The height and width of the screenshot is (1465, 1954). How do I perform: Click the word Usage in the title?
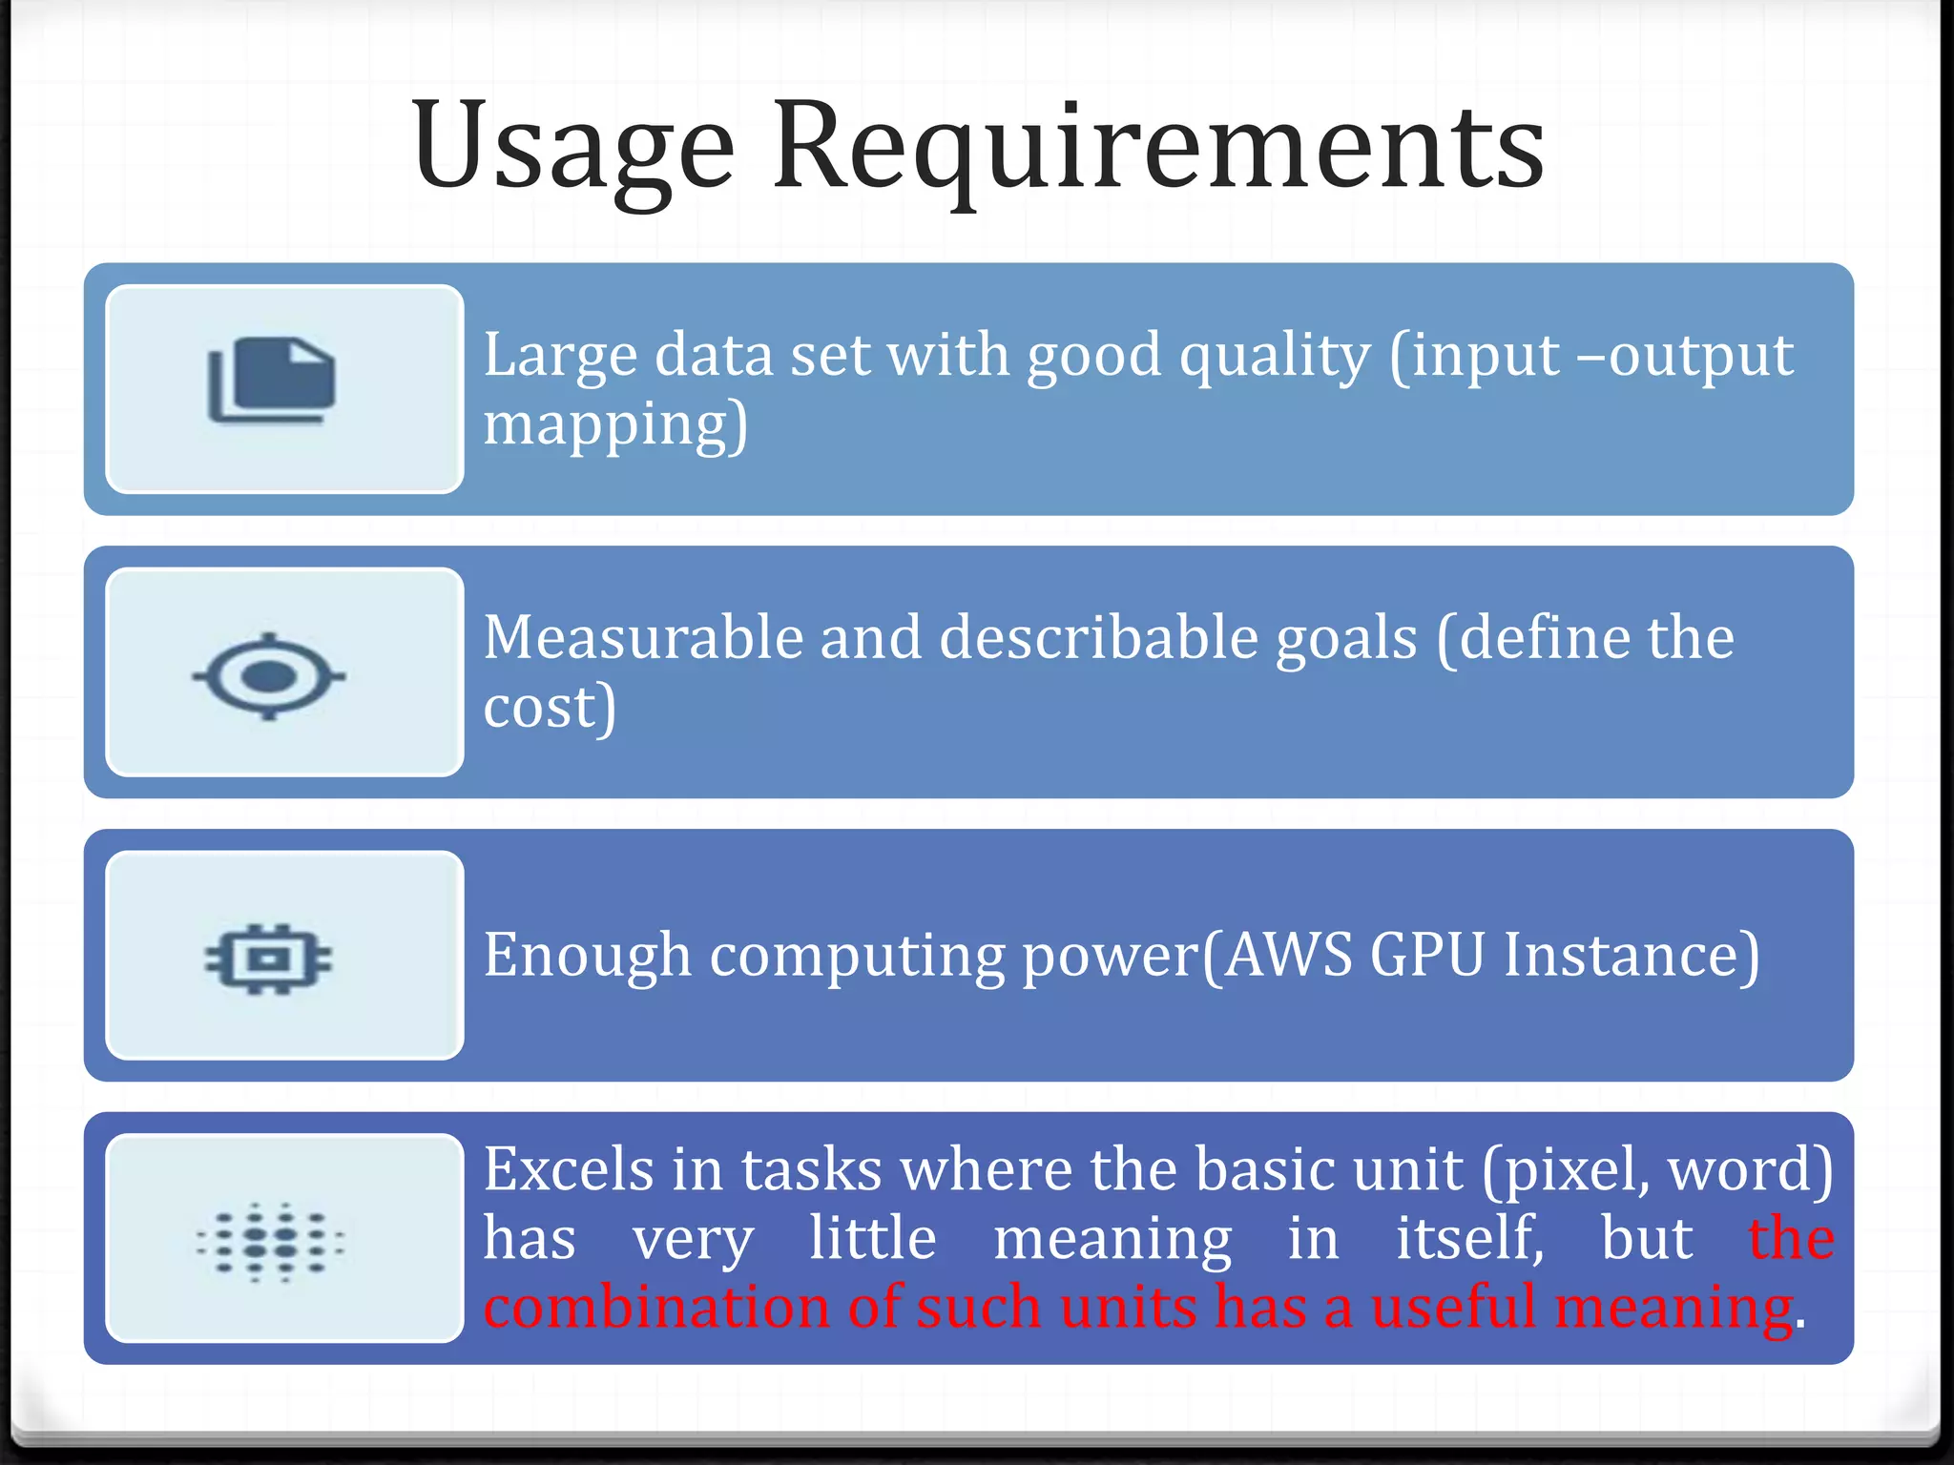[572, 148]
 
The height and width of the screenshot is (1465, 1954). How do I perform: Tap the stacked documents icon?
[272, 381]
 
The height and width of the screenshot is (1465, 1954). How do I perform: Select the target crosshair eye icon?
[269, 675]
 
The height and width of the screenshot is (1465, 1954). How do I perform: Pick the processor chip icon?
[269, 958]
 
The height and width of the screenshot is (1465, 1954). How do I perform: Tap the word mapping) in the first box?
[615, 424]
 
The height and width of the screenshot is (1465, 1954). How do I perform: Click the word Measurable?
[642, 637]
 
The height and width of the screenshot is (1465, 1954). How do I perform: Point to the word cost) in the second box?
[550, 707]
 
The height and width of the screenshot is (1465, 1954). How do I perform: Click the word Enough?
[587, 955]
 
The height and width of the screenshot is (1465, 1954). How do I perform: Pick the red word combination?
[656, 1307]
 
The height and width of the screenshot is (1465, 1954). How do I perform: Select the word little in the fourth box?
[872, 1238]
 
